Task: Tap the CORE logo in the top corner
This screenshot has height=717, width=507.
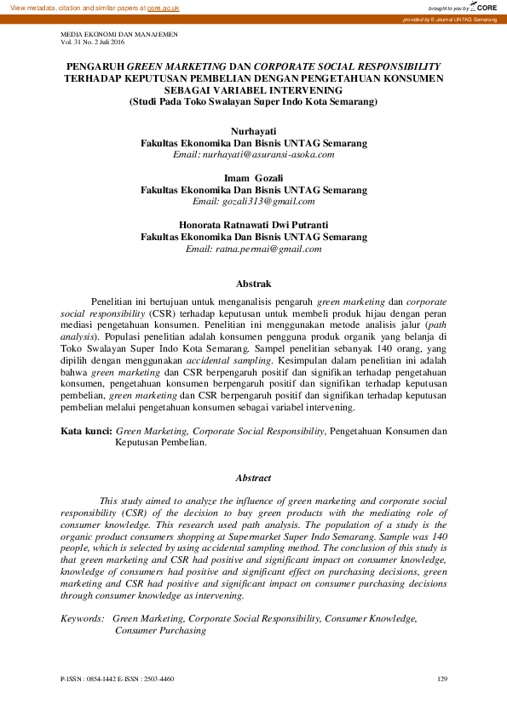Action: [x=487, y=7]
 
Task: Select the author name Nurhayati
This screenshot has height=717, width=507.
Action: [x=253, y=133]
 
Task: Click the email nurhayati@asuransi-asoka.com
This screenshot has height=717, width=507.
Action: [x=253, y=155]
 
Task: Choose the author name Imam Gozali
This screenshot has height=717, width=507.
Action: [x=253, y=178]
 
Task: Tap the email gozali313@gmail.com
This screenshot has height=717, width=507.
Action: [x=253, y=201]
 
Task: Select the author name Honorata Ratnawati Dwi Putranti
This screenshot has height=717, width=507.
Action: [x=253, y=225]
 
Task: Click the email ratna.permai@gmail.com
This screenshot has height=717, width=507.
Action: [x=253, y=249]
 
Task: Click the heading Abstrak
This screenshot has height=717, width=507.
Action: [x=253, y=284]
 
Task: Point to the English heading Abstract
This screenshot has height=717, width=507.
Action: [x=253, y=479]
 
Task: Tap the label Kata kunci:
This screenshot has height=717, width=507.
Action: [x=86, y=432]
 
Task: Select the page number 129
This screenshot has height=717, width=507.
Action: [x=441, y=679]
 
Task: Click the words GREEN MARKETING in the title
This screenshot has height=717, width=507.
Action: [x=176, y=65]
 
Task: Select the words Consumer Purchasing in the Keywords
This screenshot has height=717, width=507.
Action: [x=160, y=631]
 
